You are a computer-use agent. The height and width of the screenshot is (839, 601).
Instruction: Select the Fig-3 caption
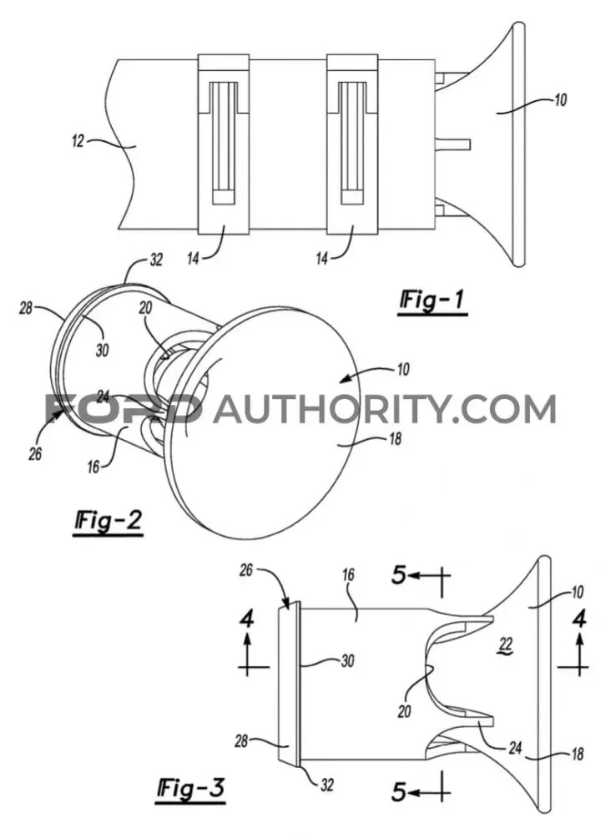[x=191, y=789]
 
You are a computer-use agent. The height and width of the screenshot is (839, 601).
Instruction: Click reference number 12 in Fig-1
[x=78, y=141]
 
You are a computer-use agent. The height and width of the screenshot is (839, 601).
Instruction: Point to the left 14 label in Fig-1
[x=193, y=259]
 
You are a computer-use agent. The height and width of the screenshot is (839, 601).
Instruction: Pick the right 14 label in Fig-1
[x=321, y=259]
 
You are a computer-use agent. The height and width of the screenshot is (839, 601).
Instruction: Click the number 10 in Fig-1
[x=559, y=100]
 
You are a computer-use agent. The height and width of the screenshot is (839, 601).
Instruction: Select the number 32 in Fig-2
[x=156, y=260]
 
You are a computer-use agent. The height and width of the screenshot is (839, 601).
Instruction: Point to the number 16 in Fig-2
[x=93, y=468]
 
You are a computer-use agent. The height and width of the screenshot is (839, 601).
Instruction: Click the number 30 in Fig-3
[x=347, y=661]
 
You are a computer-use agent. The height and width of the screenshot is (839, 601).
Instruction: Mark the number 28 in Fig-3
[x=241, y=741]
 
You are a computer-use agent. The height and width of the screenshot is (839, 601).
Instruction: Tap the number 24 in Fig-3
[x=515, y=748]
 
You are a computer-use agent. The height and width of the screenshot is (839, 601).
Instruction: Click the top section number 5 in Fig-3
[x=399, y=576]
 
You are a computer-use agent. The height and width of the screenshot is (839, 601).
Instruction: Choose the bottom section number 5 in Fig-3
[x=399, y=791]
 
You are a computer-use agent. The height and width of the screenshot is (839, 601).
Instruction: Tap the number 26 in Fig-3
[x=245, y=570]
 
